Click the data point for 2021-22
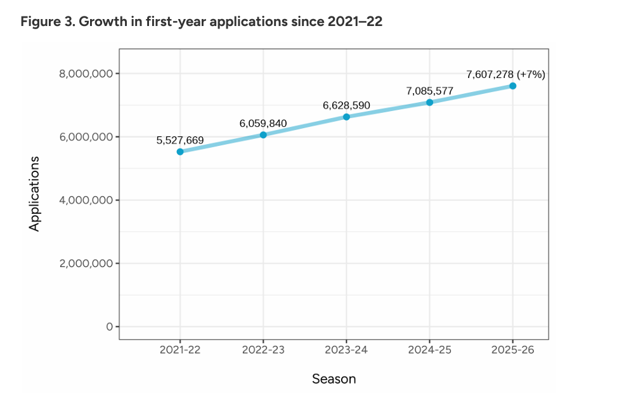point(180,152)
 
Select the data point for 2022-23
point(263,135)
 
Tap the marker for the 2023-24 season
point(346,117)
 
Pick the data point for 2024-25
point(429,102)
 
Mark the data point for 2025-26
point(512,86)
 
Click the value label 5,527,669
point(180,140)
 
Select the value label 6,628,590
point(346,105)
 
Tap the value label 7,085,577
point(429,91)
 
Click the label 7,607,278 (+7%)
point(505,74)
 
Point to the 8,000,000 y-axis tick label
point(86,74)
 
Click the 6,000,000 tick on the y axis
point(86,137)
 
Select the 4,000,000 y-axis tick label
point(86,200)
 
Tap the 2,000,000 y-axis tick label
point(86,263)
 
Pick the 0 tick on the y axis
point(109,327)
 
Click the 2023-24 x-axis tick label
point(346,350)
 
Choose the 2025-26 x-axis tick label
point(512,350)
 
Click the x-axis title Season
point(334,379)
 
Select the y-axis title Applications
point(34,194)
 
